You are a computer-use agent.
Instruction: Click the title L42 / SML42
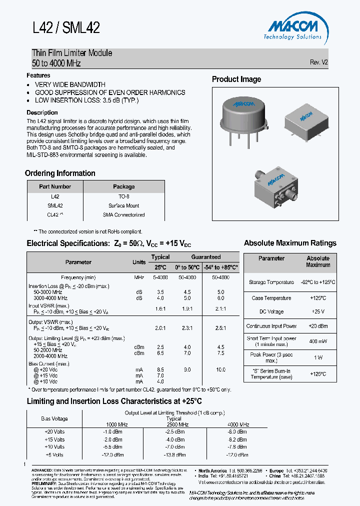66,28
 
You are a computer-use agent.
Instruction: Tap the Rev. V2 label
319,62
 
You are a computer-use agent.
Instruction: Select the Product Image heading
236,79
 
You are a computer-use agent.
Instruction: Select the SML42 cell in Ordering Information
55,205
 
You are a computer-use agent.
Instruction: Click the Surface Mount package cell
123,205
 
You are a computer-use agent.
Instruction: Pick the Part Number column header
55,186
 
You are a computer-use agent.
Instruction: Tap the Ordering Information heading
60,173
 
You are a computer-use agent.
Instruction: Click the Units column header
139,262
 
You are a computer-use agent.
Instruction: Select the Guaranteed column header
205,257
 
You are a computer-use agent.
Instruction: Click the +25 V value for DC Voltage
318,311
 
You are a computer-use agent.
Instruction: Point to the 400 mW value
318,341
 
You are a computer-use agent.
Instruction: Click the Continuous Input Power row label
271,326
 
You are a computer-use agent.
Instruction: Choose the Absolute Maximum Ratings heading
290,243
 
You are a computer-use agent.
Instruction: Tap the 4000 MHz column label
238,424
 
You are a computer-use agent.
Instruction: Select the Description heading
42,112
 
